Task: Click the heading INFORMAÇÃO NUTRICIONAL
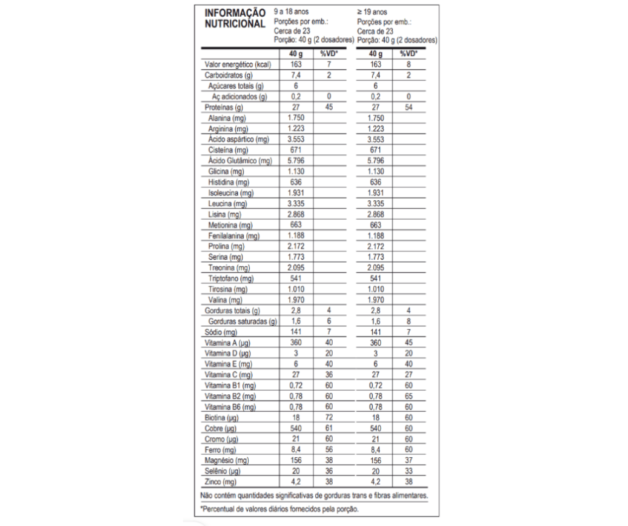pyautogui.click(x=235, y=18)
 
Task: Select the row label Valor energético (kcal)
pyautogui.click(x=237, y=64)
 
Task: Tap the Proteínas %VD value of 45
pyautogui.click(x=328, y=107)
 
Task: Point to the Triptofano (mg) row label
pyautogui.click(x=231, y=279)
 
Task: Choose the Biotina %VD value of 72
pyautogui.click(x=328, y=418)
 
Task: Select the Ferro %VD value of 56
pyautogui.click(x=328, y=450)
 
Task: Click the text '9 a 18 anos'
pyautogui.click(x=292, y=11)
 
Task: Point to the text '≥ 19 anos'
pyautogui.click(x=372, y=11)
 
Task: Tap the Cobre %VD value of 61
pyautogui.click(x=328, y=429)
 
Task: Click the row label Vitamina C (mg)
pyautogui.click(x=229, y=375)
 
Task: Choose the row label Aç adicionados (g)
pyautogui.click(x=239, y=97)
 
